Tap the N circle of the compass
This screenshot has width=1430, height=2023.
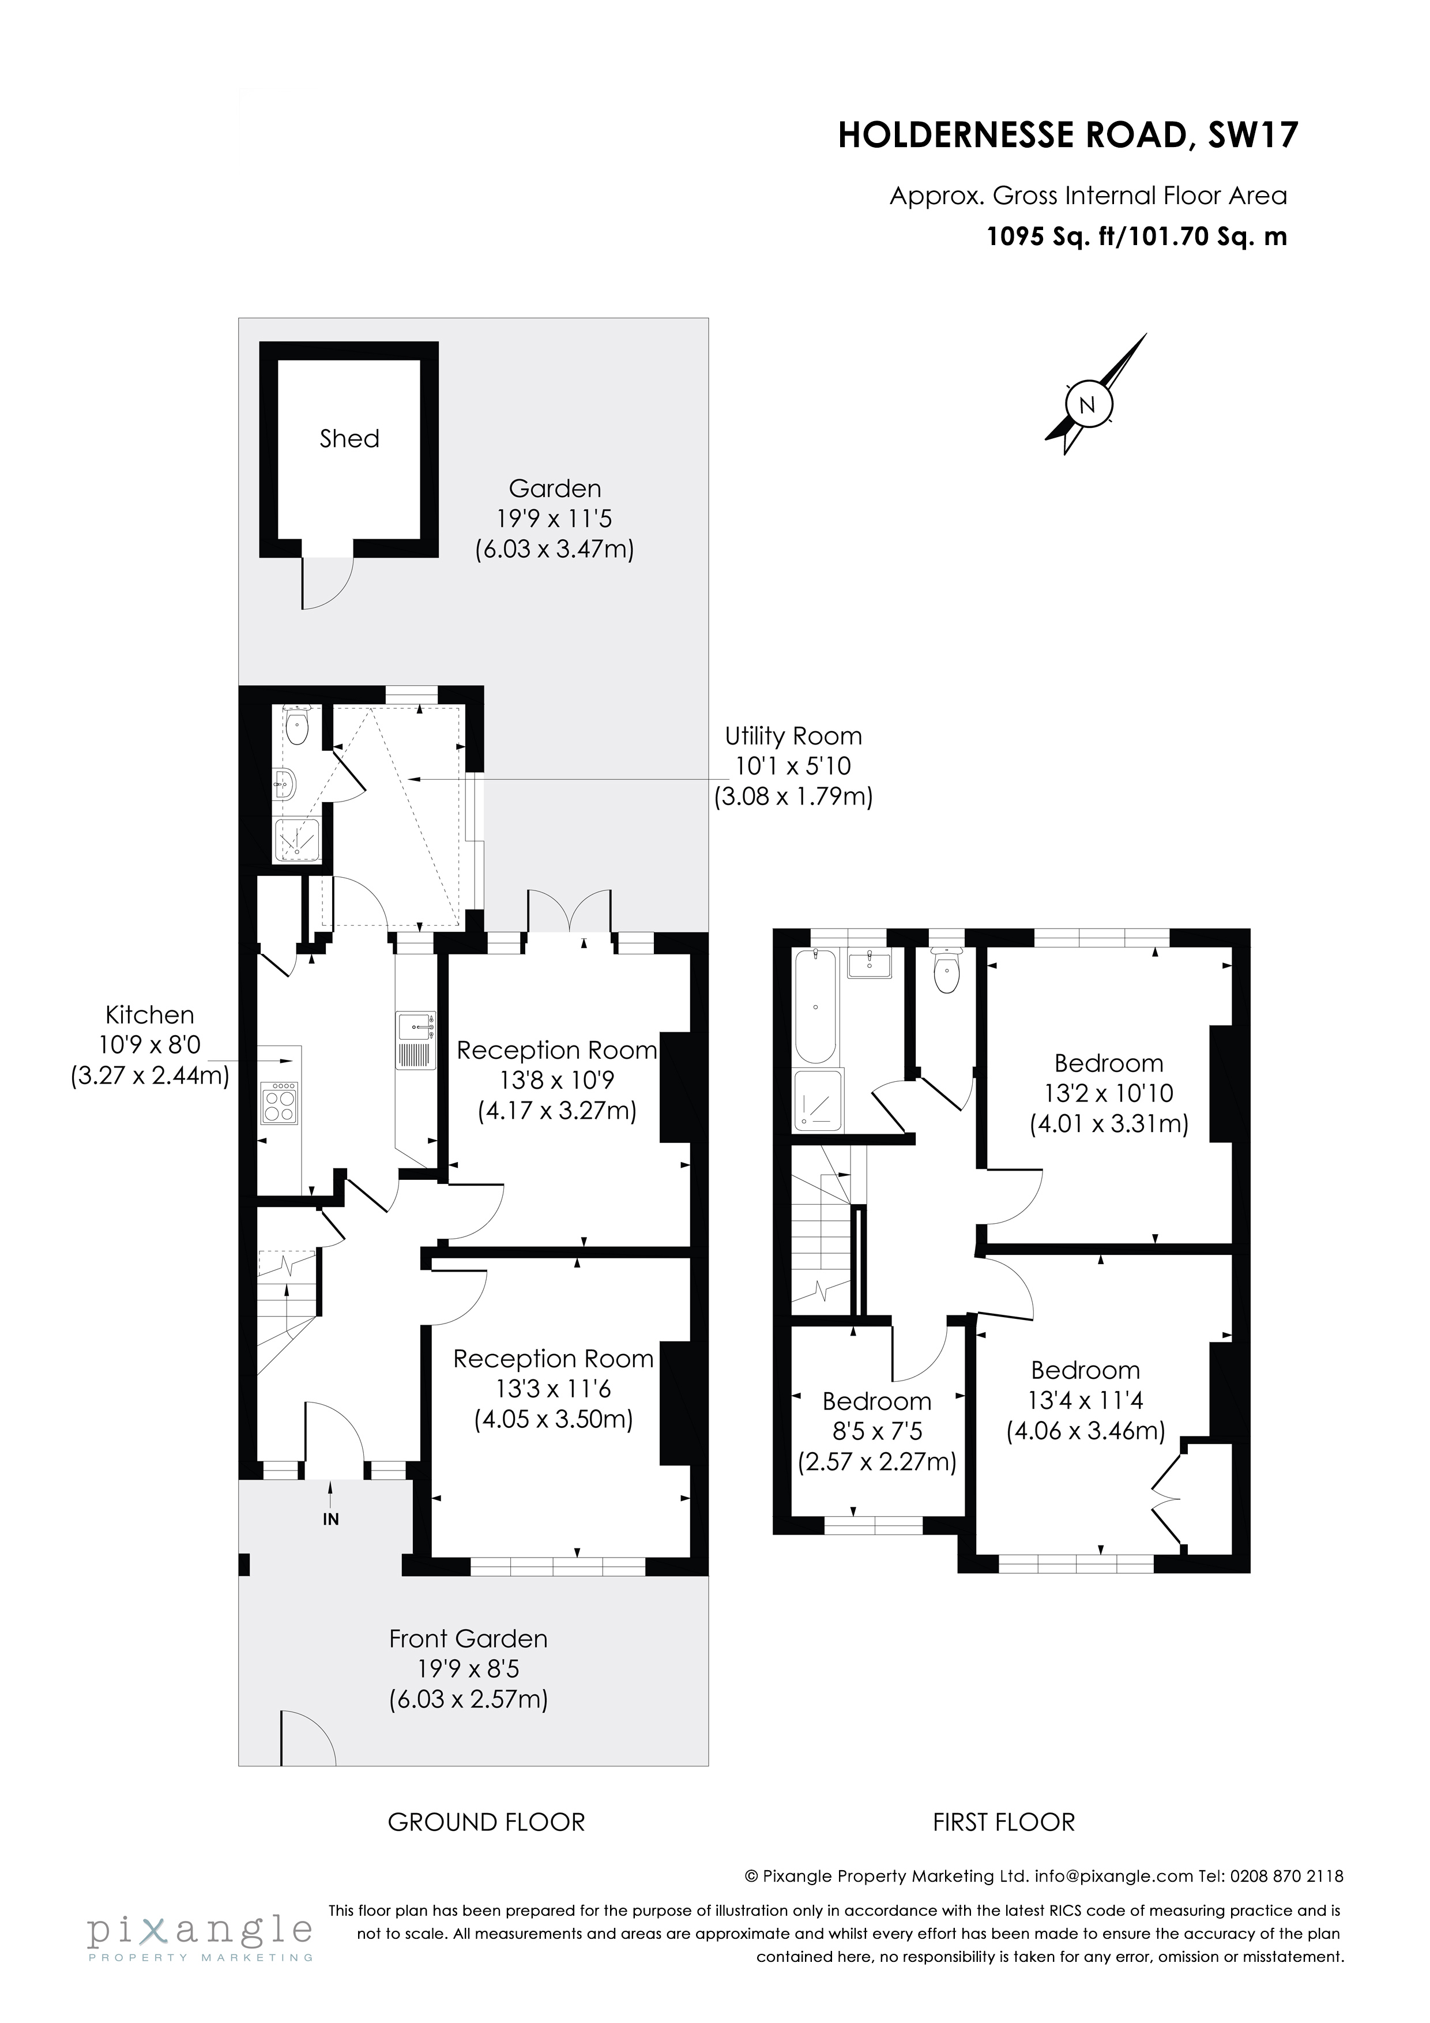click(x=1087, y=405)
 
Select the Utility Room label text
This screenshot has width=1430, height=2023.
click(x=793, y=736)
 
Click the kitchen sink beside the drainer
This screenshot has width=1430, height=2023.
click(x=416, y=1025)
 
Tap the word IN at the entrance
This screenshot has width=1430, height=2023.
click(x=330, y=1519)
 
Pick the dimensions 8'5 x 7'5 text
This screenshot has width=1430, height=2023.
click(x=876, y=1432)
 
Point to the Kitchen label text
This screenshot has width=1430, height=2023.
click(x=150, y=1015)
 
